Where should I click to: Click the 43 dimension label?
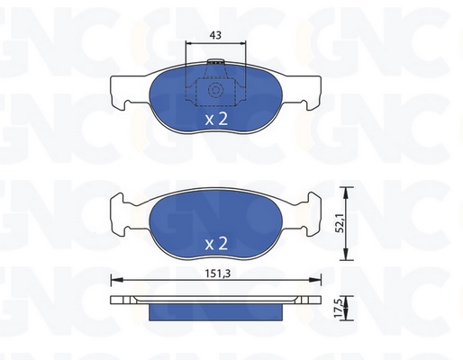215,35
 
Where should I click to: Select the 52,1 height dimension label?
340,224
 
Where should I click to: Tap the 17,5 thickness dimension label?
340,310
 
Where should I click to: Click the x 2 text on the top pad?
216,119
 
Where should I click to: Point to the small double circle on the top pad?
215,90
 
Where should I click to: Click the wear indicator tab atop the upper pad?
216,61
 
